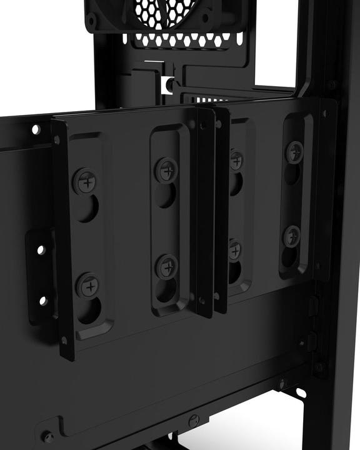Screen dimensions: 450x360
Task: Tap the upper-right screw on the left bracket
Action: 167,170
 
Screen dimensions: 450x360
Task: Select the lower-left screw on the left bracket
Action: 88,286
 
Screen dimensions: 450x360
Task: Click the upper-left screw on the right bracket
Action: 236,161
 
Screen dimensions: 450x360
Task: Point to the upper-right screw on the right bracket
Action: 294,151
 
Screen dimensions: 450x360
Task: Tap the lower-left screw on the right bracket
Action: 234,251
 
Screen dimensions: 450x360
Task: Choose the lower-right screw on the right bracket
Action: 291,236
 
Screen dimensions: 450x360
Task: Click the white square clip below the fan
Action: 167,83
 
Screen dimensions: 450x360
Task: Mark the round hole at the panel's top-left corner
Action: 36,129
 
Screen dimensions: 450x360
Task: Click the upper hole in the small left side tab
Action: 41,250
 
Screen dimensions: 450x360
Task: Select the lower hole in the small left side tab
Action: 42,301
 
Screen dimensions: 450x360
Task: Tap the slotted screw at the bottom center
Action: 194,421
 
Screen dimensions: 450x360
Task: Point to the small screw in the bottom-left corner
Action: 46,436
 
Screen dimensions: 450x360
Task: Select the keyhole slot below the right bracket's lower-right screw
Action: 289,257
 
